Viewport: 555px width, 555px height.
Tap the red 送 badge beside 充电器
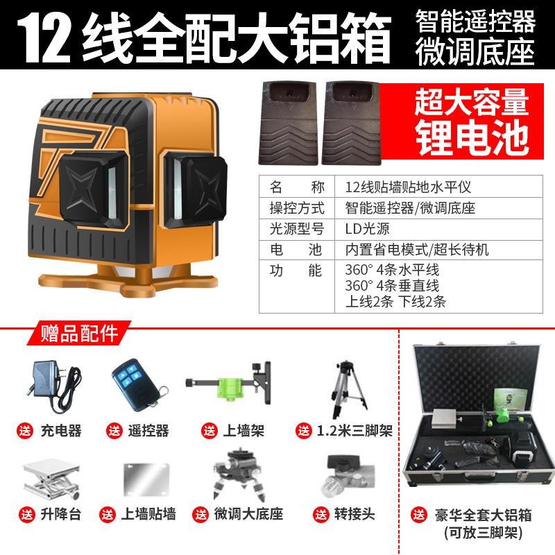(26, 431)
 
